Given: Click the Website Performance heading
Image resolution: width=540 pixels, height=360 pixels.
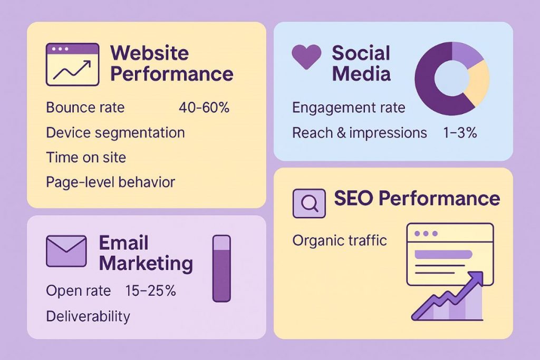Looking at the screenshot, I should [171, 63].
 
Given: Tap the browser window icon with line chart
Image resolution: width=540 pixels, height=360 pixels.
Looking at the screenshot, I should [72, 64].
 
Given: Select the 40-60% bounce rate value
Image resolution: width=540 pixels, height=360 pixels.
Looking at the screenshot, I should [204, 108].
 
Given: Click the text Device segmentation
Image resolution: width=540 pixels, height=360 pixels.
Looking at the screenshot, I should [115, 132].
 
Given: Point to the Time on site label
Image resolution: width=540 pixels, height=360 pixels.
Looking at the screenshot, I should [86, 157].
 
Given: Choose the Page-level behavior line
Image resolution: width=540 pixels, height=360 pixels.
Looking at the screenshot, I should [110, 182].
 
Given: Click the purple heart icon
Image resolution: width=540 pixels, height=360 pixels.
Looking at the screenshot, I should [306, 57].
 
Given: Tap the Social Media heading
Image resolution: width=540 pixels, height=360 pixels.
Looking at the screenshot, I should [361, 63].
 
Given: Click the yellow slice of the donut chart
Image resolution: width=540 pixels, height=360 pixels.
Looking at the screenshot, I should [478, 83].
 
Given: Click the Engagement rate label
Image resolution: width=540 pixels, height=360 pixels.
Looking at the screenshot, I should [349, 108].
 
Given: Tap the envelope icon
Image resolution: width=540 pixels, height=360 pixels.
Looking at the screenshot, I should [66, 250].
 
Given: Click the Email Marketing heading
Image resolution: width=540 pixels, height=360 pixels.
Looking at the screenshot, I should [146, 253].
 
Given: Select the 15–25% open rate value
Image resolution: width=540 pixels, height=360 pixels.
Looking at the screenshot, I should [151, 290].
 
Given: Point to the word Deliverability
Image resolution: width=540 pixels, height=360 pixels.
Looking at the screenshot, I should [88, 316].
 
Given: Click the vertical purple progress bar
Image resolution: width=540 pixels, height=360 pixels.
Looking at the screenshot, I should [221, 268].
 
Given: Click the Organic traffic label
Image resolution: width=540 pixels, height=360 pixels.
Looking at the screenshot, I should [340, 241].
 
